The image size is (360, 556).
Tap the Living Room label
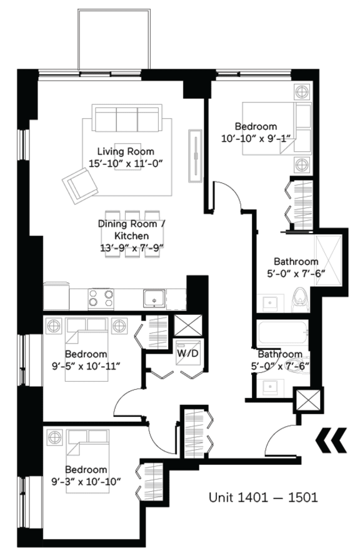125,151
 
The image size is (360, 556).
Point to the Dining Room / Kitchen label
131,229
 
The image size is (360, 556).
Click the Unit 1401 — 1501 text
264,497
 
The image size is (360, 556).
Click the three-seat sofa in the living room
127,117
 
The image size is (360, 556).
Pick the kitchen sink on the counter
153,298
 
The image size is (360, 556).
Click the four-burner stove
101,298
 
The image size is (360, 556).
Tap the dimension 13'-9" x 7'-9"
131,247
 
